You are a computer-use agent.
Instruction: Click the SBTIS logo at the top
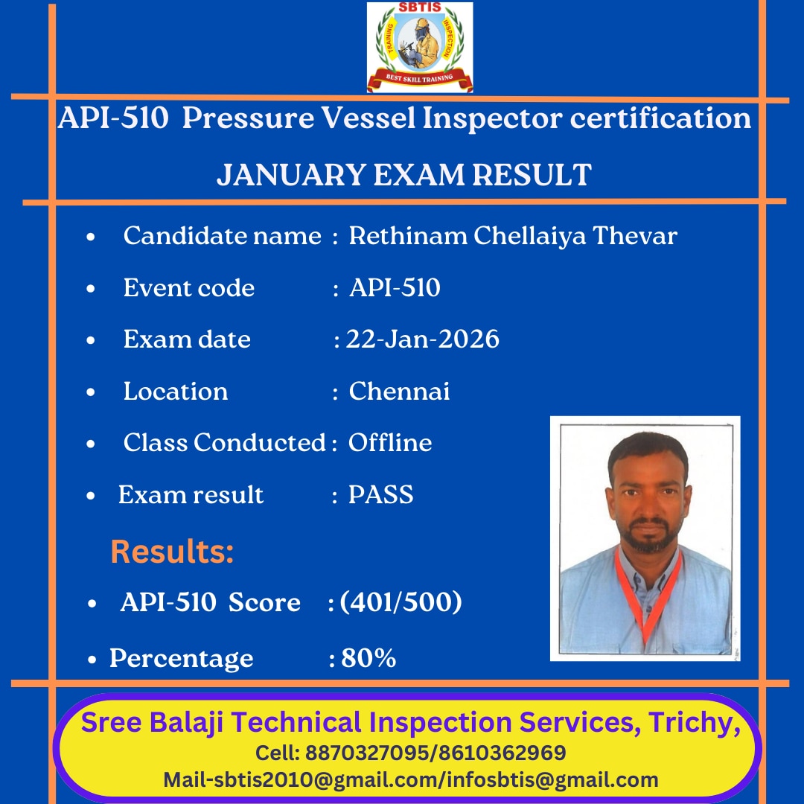click(x=420, y=47)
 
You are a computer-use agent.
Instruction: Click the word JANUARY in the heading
click(x=291, y=175)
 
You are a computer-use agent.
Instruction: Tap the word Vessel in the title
click(x=368, y=118)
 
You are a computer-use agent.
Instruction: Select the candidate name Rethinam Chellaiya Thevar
click(x=513, y=237)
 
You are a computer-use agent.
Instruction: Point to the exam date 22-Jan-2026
click(x=423, y=339)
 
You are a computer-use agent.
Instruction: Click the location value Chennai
click(x=400, y=392)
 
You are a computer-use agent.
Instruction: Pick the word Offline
click(x=390, y=442)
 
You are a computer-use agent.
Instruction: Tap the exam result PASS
click(x=381, y=495)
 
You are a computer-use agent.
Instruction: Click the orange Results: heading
click(x=172, y=552)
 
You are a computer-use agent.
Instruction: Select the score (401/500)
click(x=401, y=602)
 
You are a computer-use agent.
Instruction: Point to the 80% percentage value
click(x=368, y=658)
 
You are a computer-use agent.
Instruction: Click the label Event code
click(x=188, y=287)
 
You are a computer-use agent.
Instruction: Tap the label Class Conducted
click(x=225, y=442)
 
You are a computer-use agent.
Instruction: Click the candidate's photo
click(x=645, y=538)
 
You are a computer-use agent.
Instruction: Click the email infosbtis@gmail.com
click(x=552, y=780)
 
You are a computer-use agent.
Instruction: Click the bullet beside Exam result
click(x=91, y=496)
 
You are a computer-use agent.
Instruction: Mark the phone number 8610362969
click(x=502, y=753)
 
